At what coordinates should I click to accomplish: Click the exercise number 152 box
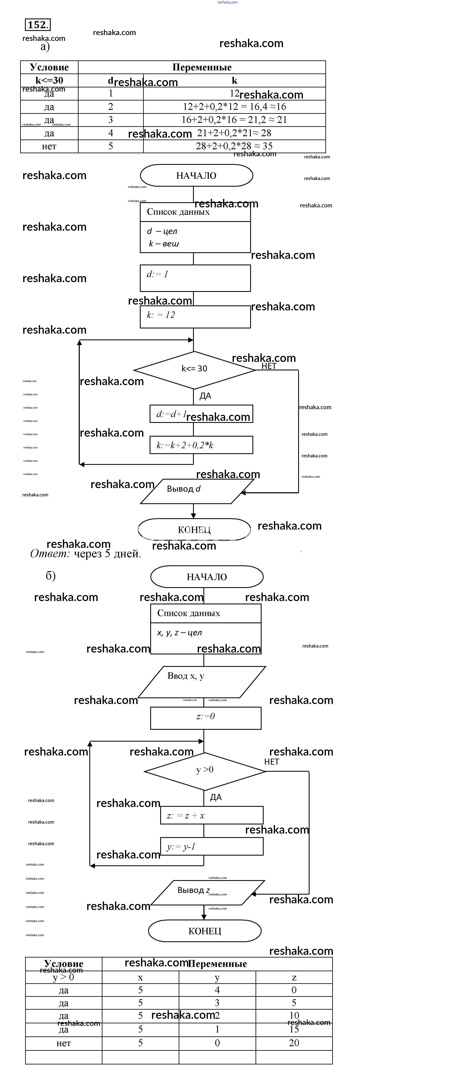point(38,25)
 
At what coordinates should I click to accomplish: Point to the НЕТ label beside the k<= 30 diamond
point(269,366)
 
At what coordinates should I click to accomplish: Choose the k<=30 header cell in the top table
point(49,81)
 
